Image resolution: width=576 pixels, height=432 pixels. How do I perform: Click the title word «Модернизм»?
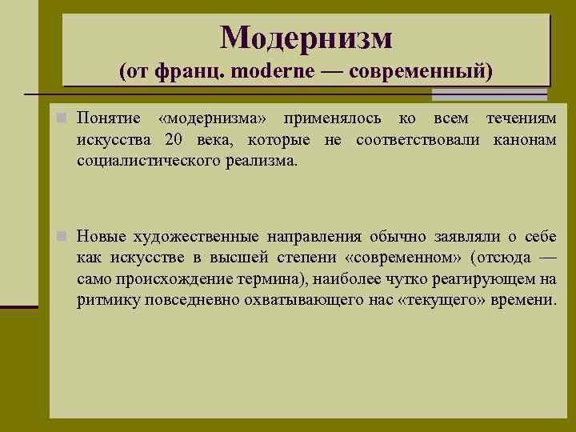pyautogui.click(x=306, y=36)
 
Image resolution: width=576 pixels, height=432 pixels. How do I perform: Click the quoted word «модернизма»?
pyautogui.click(x=214, y=118)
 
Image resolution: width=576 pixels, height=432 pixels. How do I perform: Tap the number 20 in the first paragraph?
pyautogui.click(x=174, y=140)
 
